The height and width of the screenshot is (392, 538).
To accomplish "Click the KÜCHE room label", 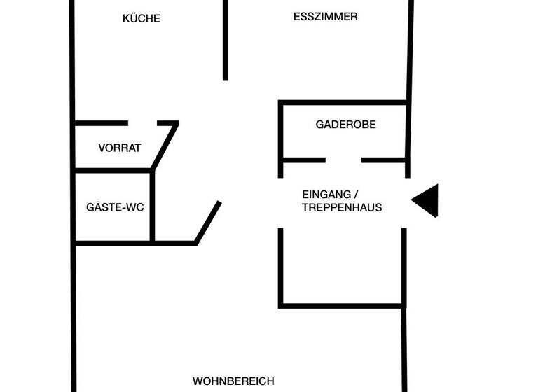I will (x=142, y=19).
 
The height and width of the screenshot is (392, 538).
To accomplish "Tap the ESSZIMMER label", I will (x=325, y=17).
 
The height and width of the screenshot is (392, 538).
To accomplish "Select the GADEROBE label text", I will (x=345, y=125).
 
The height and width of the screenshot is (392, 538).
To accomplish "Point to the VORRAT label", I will (x=120, y=148).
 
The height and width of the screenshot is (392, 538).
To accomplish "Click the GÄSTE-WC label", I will (x=115, y=207).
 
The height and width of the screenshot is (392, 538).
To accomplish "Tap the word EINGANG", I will (x=326, y=194).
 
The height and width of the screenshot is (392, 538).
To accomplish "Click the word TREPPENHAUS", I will (x=342, y=207).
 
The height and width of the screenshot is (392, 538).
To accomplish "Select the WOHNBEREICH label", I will (x=233, y=381).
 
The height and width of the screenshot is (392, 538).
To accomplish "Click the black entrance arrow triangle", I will (x=427, y=200).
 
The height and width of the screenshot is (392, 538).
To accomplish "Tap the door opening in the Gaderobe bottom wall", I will (x=343, y=160).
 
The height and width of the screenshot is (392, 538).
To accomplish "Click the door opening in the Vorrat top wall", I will (x=143, y=123).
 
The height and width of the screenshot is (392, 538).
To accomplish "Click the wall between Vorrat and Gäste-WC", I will (x=112, y=170).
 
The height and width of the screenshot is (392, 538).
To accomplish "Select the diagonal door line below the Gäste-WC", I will (x=208, y=222).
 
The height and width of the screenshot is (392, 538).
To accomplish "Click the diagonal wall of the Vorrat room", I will (x=165, y=146).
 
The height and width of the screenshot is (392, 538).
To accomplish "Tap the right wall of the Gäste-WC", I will (x=152, y=206).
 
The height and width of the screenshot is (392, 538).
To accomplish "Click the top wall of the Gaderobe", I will (x=343, y=103).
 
